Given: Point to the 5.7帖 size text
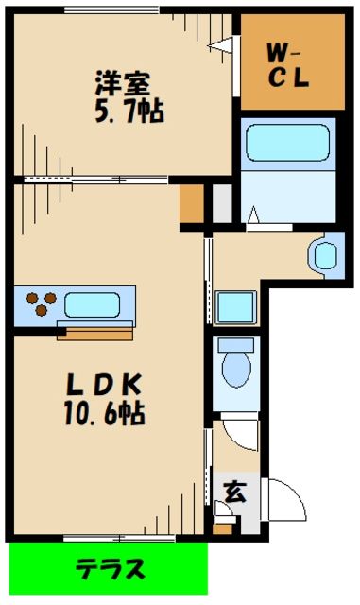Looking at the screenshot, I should pyautogui.click(x=129, y=112).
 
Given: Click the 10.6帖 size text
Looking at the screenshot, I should pyautogui.click(x=106, y=413).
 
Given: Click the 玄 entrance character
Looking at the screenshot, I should pyautogui.click(x=232, y=491).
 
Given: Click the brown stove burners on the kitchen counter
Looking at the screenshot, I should pyautogui.click(x=40, y=303).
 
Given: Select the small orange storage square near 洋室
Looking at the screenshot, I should pyautogui.click(x=192, y=203).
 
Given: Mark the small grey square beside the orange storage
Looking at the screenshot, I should pyautogui.click(x=220, y=203).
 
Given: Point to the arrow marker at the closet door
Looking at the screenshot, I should pyautogui.click(x=225, y=43).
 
